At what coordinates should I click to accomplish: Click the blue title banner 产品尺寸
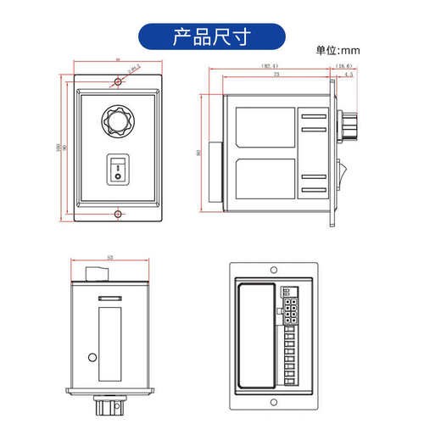click(x=211, y=36)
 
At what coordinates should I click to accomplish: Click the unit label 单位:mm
click(x=338, y=51)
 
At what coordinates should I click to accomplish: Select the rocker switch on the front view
click(x=118, y=170)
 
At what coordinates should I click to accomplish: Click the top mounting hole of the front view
click(x=118, y=82)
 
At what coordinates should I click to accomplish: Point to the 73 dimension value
click(x=276, y=75)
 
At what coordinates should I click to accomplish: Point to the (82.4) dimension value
click(x=271, y=65)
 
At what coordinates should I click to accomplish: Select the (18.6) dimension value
click(x=344, y=65)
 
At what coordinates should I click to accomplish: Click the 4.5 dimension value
click(x=349, y=75)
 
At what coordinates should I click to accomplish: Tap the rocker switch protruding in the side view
click(x=343, y=175)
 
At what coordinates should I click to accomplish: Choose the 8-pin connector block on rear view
click(x=291, y=308)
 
